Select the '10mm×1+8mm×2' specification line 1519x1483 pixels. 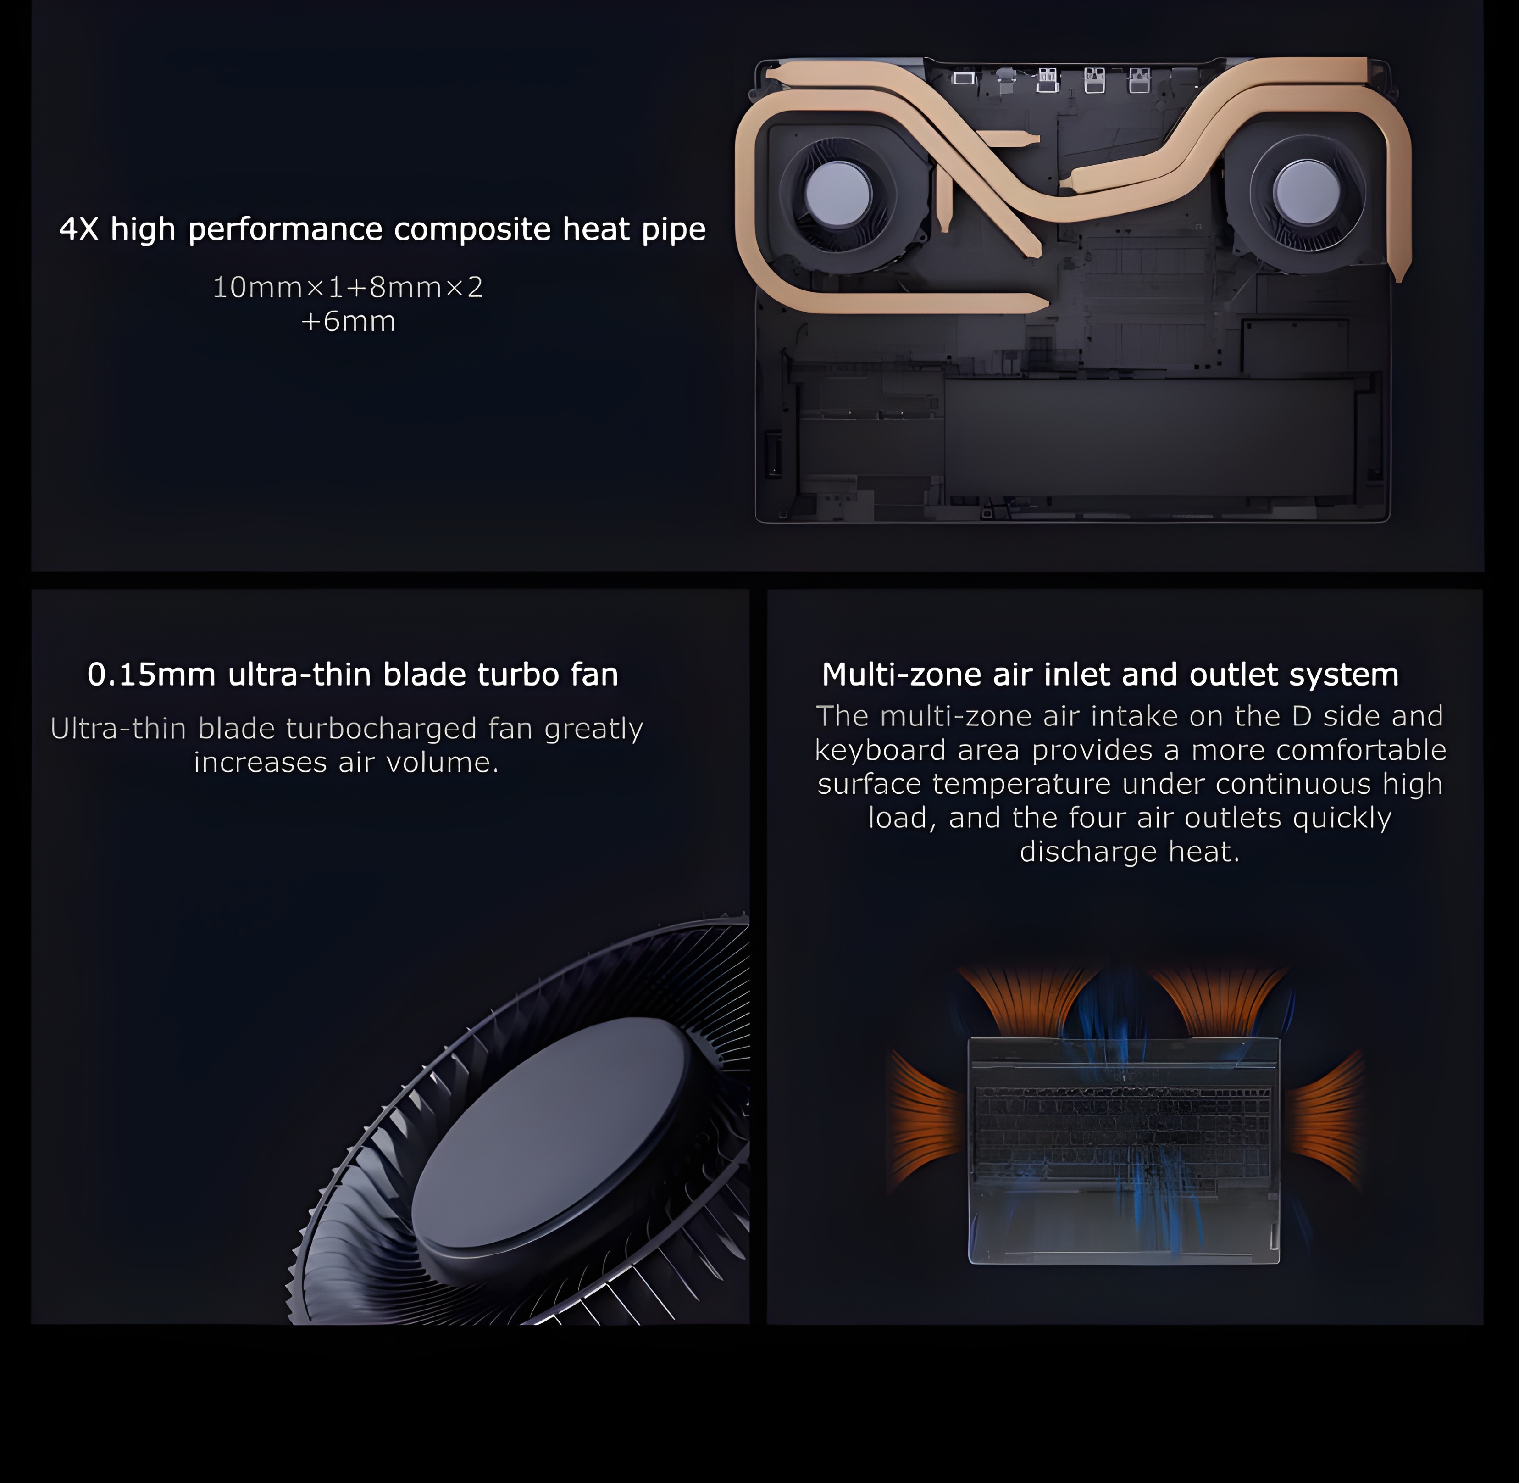348,287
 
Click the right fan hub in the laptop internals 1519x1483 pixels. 1307,192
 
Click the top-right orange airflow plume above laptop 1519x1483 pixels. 1220,1001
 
